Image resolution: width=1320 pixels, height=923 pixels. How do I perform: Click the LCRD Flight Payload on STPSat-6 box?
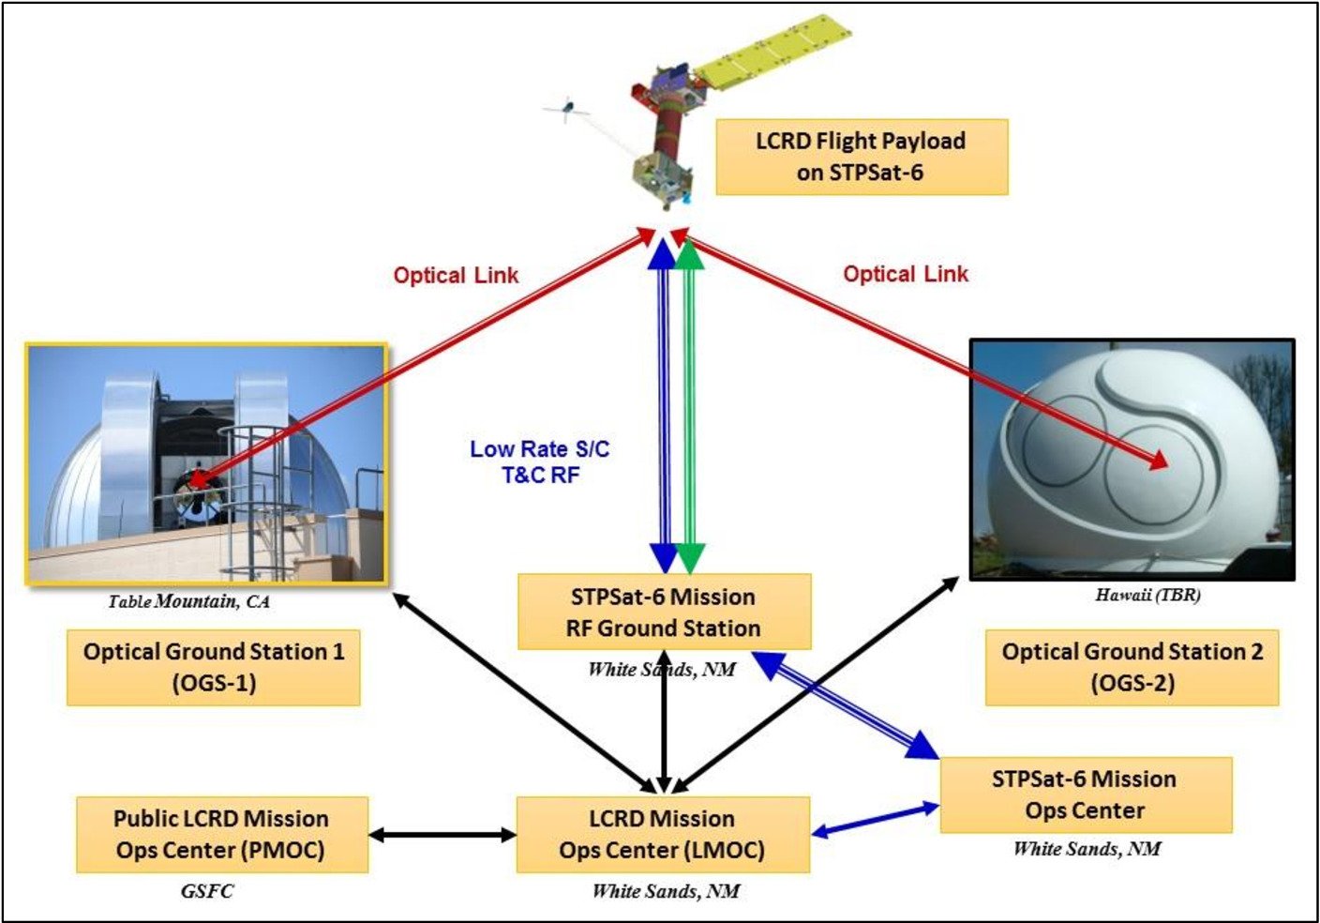click(861, 157)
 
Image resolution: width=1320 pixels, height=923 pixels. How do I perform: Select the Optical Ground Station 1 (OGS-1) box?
click(214, 667)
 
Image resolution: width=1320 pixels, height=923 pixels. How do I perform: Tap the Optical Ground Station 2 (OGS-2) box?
click(1132, 667)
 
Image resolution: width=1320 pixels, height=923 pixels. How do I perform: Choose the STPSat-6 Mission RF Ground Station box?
click(664, 613)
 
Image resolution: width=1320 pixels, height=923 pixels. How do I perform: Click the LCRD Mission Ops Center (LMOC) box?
click(662, 835)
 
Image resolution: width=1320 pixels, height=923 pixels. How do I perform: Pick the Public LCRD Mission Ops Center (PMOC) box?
click(221, 835)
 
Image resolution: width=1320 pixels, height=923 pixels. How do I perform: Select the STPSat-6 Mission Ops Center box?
click(1085, 794)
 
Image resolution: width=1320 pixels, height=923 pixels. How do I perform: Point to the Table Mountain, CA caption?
click(188, 601)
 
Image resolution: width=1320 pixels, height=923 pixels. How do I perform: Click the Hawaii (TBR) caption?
click(1147, 595)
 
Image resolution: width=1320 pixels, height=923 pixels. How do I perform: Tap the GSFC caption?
click(206, 890)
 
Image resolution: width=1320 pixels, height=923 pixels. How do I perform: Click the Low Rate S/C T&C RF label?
click(540, 461)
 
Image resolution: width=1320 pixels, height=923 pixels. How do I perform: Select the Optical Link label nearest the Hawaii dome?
click(905, 274)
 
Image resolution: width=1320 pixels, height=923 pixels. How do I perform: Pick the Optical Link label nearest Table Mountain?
click(456, 275)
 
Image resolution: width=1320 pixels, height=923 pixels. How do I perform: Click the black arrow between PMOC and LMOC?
click(442, 834)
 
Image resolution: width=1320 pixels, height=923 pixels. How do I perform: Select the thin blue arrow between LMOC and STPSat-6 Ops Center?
click(876, 817)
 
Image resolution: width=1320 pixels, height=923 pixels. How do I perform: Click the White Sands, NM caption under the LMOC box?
click(665, 891)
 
